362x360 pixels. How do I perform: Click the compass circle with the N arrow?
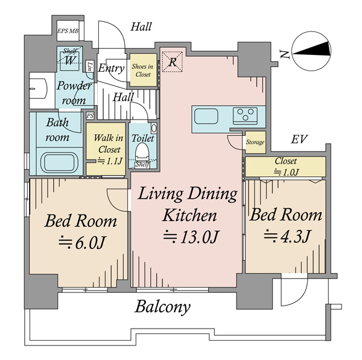click(x=311, y=51)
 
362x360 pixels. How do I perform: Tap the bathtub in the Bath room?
click(x=59, y=162)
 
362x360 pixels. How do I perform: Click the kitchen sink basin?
click(x=206, y=116)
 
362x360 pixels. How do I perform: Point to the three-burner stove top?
click(x=245, y=115)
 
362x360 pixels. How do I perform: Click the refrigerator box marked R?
click(x=172, y=62)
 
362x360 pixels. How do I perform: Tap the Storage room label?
click(x=255, y=142)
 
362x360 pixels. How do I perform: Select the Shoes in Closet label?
click(x=142, y=70)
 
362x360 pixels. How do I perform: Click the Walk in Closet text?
click(x=108, y=144)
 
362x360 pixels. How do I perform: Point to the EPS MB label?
click(x=68, y=31)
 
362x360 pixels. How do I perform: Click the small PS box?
click(x=90, y=116)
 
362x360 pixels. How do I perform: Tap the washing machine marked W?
click(x=69, y=60)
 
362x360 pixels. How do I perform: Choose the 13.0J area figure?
click(x=191, y=236)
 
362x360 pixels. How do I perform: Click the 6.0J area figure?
click(x=82, y=242)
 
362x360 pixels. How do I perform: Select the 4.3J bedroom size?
click(x=288, y=236)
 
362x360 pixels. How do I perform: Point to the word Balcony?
click(x=162, y=307)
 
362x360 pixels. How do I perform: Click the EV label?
click(x=299, y=139)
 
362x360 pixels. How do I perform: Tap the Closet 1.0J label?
click(x=286, y=166)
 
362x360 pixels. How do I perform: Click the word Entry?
click(x=111, y=68)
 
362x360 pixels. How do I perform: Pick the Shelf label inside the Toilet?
click(x=142, y=164)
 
